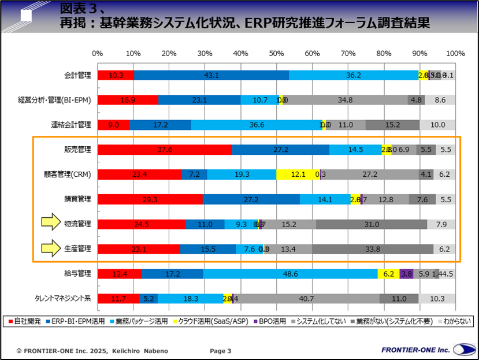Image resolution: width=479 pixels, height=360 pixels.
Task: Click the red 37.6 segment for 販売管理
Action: click(x=165, y=150)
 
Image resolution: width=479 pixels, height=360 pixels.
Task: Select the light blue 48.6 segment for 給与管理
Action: click(x=291, y=274)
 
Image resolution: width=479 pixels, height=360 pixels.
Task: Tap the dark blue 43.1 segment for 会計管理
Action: click(x=211, y=75)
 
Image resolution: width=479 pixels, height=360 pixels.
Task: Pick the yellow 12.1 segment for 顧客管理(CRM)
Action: click(x=298, y=175)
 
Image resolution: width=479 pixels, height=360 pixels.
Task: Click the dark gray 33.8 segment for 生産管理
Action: click(x=373, y=249)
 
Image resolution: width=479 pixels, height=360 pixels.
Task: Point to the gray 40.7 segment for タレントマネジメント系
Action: click(x=307, y=299)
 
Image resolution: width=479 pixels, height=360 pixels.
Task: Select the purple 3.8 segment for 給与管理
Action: click(x=406, y=274)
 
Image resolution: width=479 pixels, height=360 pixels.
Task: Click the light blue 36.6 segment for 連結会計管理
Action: click(x=256, y=125)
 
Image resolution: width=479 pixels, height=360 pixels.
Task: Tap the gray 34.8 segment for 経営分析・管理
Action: click(x=345, y=100)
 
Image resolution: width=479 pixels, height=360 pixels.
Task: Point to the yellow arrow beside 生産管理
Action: click(x=50, y=249)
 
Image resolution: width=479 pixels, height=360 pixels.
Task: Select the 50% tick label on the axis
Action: click(x=276, y=53)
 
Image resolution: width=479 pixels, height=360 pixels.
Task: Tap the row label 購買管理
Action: click(x=78, y=199)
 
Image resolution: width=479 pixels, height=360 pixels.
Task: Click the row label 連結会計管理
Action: click(x=71, y=125)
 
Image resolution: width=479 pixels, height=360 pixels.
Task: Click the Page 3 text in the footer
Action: click(x=220, y=351)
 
